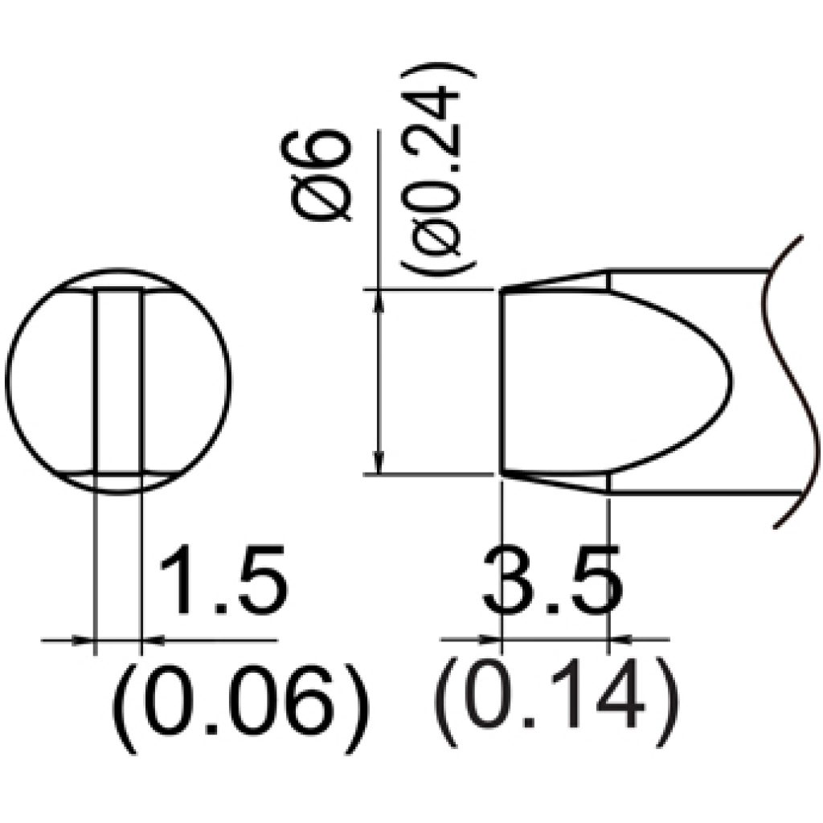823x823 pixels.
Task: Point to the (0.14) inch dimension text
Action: click(556, 703)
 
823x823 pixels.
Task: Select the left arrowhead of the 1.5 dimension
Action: click(83, 640)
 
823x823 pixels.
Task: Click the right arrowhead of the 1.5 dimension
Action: click(153, 640)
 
